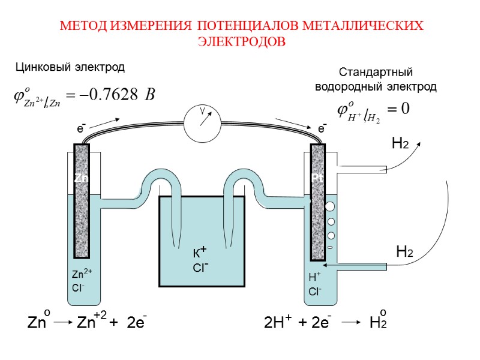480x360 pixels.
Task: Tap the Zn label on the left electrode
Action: pos(81,178)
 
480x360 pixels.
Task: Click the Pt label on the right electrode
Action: pos(317,178)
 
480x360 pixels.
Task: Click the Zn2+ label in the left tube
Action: pos(80,275)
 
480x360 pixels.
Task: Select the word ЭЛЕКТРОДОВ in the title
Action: pos(241,42)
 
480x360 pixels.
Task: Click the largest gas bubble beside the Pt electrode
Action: pos(330,206)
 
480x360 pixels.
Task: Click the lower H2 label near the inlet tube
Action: pos(404,252)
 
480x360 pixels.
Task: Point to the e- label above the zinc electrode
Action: pos(80,128)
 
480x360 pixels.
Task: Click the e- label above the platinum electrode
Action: pos(322,128)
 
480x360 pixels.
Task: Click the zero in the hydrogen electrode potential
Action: pos(405,109)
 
